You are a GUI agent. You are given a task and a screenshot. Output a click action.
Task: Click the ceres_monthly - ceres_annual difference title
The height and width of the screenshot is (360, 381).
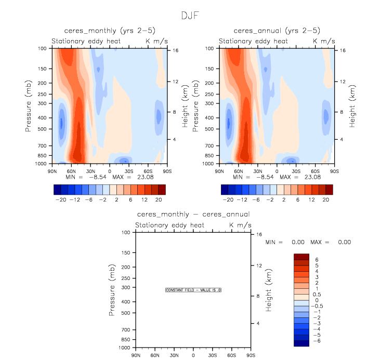pos(193,214)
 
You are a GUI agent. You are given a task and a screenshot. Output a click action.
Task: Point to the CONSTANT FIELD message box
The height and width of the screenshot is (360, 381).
pos(193,290)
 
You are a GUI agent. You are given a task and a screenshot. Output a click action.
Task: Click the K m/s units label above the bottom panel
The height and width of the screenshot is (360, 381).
pos(241,225)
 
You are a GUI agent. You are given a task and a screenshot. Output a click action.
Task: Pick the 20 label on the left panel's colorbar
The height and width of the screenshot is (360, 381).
pos(159,200)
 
